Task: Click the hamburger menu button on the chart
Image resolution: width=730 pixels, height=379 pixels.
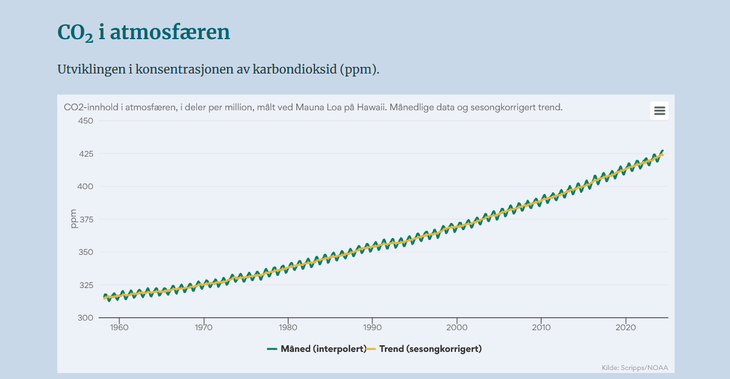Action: [x=660, y=111]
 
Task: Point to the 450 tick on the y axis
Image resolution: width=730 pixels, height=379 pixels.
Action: [x=86, y=121]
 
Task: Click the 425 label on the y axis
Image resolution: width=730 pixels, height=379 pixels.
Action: [x=86, y=154]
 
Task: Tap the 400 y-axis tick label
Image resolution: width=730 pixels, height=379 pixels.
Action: [x=86, y=186]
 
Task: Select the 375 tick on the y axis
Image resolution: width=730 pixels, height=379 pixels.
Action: [x=86, y=219]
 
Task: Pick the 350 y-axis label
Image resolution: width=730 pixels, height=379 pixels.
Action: [x=86, y=252]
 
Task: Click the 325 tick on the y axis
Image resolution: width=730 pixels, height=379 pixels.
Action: [x=86, y=285]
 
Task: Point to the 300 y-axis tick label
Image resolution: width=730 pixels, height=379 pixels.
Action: [x=86, y=318]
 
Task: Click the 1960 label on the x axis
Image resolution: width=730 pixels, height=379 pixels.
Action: [x=119, y=327]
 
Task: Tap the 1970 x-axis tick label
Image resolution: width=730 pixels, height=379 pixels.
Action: [x=204, y=327]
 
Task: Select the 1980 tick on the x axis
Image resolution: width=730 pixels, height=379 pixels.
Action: [x=288, y=327]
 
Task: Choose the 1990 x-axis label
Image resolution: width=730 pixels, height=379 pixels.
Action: [x=372, y=327]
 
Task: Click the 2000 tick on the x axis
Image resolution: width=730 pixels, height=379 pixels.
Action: [x=457, y=327]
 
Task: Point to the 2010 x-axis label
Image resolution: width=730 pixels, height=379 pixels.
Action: [x=541, y=327]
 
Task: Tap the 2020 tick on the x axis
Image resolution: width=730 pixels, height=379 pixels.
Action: [x=626, y=327]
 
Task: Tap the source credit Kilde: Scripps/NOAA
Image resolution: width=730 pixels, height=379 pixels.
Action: [x=635, y=368]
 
